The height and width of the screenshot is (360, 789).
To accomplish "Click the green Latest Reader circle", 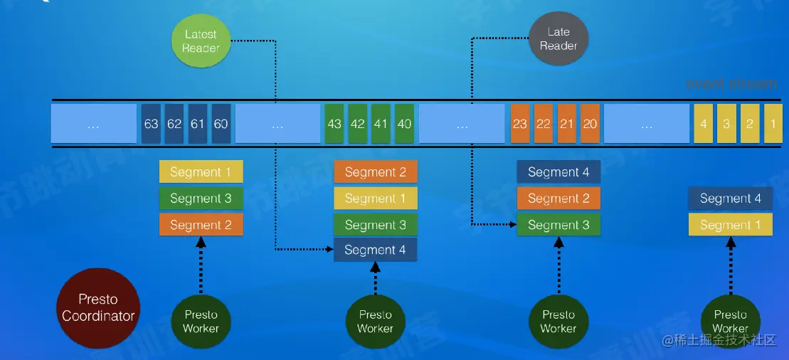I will tap(201, 41).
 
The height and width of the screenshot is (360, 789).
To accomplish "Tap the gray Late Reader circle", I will tap(558, 39).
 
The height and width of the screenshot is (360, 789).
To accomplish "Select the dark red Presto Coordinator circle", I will tap(98, 308).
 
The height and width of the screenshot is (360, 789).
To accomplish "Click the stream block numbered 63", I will tap(151, 123).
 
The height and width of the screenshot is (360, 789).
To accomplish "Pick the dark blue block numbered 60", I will tap(221, 123).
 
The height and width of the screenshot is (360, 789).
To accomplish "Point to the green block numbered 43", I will tap(334, 123).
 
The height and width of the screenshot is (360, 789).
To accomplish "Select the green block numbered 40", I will tap(404, 123).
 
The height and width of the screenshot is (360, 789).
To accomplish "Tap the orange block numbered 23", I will tap(520, 123).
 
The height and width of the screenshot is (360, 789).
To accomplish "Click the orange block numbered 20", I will tap(590, 123).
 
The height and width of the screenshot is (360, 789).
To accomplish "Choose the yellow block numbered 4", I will tap(703, 123).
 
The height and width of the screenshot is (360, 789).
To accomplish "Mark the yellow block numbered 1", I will tap(772, 123).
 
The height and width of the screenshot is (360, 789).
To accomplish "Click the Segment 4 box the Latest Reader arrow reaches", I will tap(375, 250).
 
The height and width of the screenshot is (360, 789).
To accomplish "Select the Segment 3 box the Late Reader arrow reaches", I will tap(558, 225).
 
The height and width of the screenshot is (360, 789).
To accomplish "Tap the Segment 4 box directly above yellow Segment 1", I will tap(730, 198).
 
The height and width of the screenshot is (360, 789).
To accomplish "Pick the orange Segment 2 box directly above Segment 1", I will tap(375, 171).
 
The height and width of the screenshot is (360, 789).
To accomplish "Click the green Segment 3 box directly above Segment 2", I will tap(201, 198).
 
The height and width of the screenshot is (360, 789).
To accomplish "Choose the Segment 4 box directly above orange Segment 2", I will tap(558, 171).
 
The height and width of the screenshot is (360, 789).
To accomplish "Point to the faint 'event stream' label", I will tap(731, 84).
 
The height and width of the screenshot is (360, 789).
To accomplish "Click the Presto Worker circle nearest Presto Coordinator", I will tap(201, 322).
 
